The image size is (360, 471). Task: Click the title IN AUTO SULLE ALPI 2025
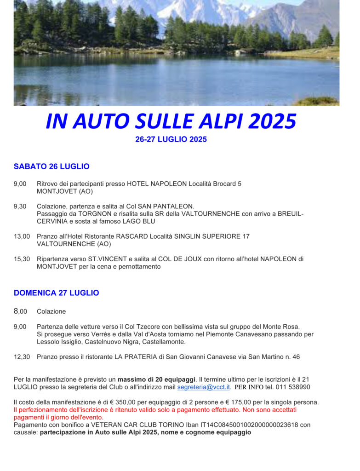coord(171,121)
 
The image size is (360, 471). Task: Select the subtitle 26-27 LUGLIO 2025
coord(171,139)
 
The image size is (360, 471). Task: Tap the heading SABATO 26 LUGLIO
coord(51,167)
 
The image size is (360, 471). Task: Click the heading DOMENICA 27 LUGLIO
coord(56,293)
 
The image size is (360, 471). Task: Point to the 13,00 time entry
coord(22,236)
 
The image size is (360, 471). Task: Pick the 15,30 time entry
coord(22,259)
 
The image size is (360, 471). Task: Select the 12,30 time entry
coord(22,356)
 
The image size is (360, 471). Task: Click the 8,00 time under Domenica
coord(20,311)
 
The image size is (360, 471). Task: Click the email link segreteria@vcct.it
coord(203,387)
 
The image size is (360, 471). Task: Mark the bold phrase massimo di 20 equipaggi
coord(156,379)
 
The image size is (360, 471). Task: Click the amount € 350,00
coord(144,402)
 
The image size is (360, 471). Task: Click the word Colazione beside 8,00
coord(51,311)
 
